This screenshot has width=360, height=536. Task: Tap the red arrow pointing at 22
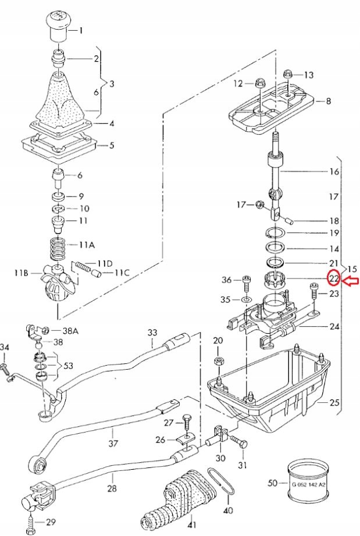click(x=350, y=281)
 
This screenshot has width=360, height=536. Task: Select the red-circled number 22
click(x=334, y=278)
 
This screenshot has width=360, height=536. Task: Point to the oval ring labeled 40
click(x=222, y=481)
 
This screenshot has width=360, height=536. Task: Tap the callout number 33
click(x=152, y=333)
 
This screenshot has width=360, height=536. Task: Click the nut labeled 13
click(x=288, y=74)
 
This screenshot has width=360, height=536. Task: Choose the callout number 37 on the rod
click(x=113, y=443)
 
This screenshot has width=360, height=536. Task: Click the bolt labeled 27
click(x=186, y=420)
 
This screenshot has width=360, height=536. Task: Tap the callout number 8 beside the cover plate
click(x=329, y=101)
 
